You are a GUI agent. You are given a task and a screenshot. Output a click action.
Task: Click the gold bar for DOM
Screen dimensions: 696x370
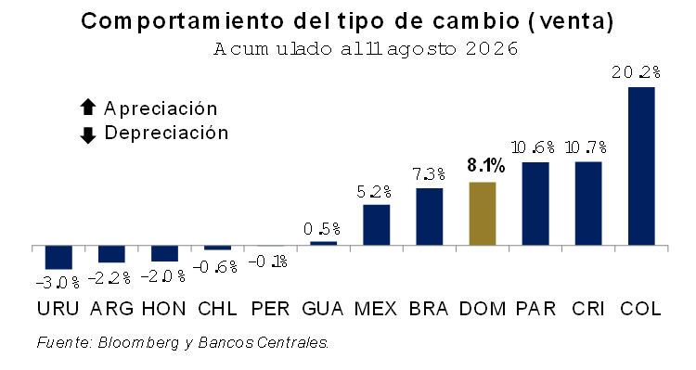pos(483,213)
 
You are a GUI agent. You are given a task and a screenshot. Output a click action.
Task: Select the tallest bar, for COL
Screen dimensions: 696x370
pos(641,166)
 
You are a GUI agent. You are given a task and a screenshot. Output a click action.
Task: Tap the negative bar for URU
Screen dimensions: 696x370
pos(58,257)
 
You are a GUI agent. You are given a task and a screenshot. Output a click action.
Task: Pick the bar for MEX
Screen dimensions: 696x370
pos(377,225)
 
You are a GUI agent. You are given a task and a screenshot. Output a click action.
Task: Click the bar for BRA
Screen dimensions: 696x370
pos(430,216)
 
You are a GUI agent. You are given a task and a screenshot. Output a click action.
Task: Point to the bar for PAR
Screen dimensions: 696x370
pos(535,204)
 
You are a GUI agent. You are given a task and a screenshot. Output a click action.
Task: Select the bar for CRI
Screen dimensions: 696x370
pos(588,203)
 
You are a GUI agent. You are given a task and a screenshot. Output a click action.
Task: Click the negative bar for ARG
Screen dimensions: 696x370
pos(111,254)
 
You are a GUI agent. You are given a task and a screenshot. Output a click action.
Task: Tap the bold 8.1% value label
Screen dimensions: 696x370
pos(486,165)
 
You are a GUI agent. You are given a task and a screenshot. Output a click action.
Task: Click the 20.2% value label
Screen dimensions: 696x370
pos(636,72)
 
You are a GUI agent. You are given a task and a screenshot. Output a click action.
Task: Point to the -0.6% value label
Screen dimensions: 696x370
pos(217,267)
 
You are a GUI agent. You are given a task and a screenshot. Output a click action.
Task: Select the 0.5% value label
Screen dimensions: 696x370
pos(322,229)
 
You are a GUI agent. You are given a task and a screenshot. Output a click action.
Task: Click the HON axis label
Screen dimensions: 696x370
pos(163,309)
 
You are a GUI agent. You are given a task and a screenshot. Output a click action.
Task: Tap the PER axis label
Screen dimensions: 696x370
pos(270,309)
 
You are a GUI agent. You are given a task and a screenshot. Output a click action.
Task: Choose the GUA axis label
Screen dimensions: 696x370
pos(323,309)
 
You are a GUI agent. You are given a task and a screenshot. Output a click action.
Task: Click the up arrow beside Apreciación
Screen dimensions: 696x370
pos(88,108)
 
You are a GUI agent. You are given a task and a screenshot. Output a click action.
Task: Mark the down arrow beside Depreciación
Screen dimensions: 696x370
pos(88,135)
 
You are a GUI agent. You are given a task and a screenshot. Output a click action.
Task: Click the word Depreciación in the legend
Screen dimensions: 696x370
pos(166,133)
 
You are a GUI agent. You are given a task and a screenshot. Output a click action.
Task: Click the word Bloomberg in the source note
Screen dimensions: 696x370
pos(138,343)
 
